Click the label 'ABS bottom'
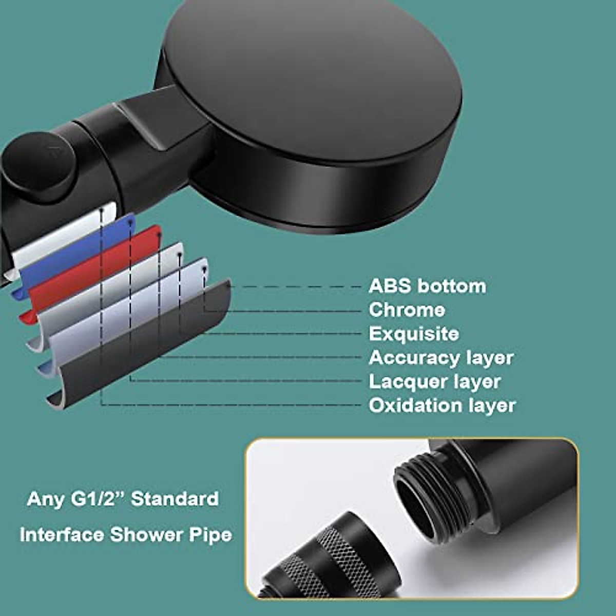click(x=427, y=286)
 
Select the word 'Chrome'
click(x=407, y=310)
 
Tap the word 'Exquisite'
click(x=414, y=334)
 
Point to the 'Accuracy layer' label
click(x=441, y=358)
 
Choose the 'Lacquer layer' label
click(x=434, y=381)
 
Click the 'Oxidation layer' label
click(x=442, y=406)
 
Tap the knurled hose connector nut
click(x=329, y=560)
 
